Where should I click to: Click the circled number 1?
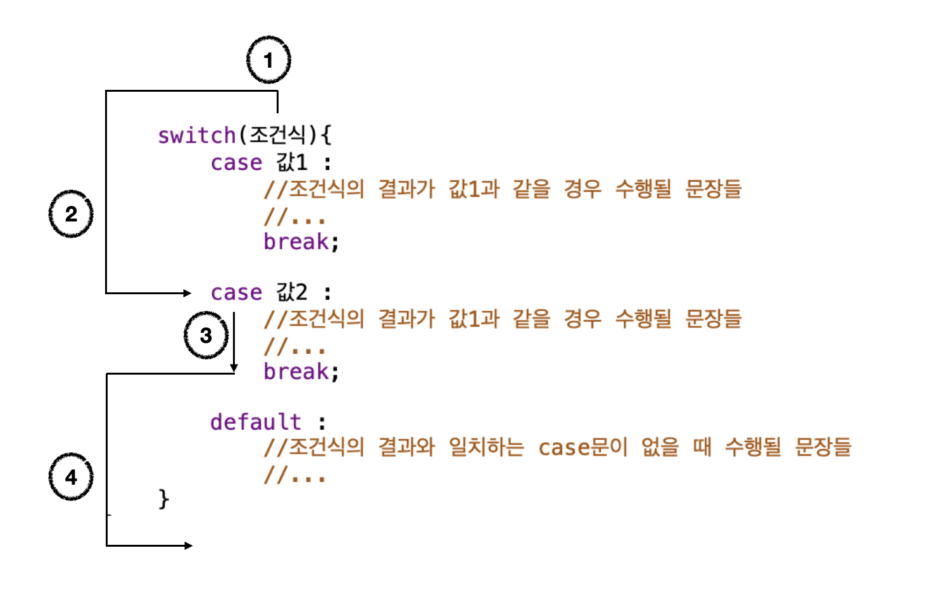268,60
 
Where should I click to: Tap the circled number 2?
71,214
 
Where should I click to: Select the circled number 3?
206,335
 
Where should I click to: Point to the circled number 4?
71,476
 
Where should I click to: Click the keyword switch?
196,135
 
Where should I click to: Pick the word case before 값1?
236,163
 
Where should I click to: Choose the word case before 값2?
236,292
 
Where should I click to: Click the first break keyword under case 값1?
296,242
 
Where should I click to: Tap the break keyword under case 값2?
296,371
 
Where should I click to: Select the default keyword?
256,421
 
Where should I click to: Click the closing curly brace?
164,499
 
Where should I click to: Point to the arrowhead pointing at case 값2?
187,293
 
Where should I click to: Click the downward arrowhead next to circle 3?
234,368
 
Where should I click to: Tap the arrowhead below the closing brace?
188,545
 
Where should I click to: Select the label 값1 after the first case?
292,163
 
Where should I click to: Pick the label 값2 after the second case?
292,292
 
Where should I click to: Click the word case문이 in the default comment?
582,447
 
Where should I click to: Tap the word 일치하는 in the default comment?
486,447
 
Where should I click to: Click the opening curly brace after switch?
325,135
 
